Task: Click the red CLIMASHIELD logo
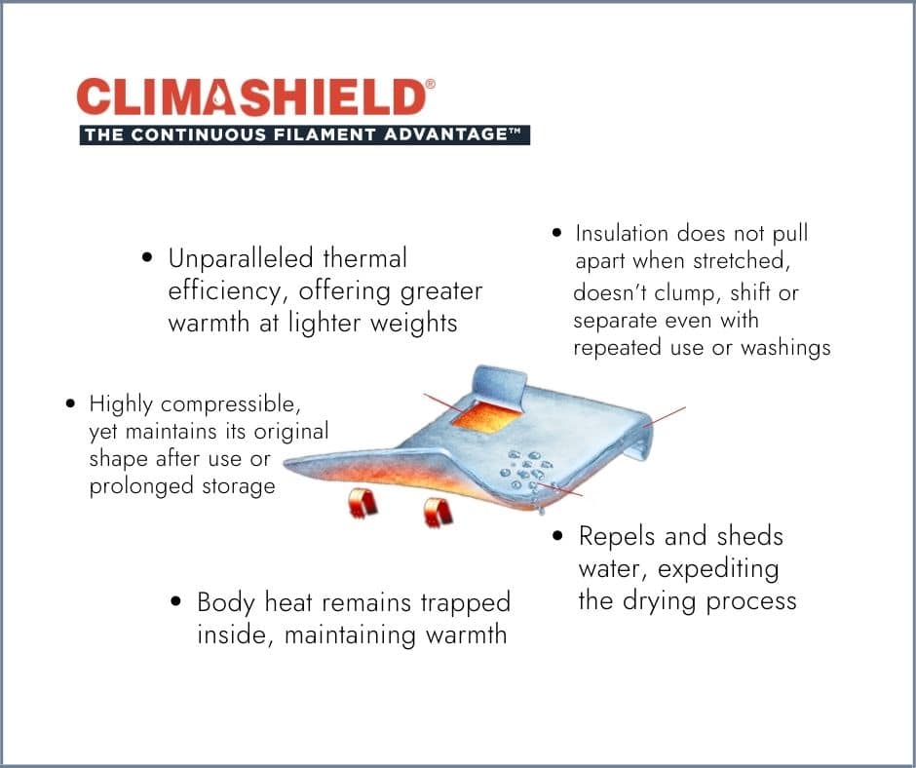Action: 251,97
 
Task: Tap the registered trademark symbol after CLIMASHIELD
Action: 431,84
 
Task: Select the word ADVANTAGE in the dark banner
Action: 445,135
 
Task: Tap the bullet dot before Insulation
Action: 556,233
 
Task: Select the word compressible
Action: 230,404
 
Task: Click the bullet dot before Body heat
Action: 175,601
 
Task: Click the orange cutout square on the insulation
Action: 486,417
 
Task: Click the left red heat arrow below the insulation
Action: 363,504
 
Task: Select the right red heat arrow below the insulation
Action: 438,512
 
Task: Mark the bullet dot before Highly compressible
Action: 71,403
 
